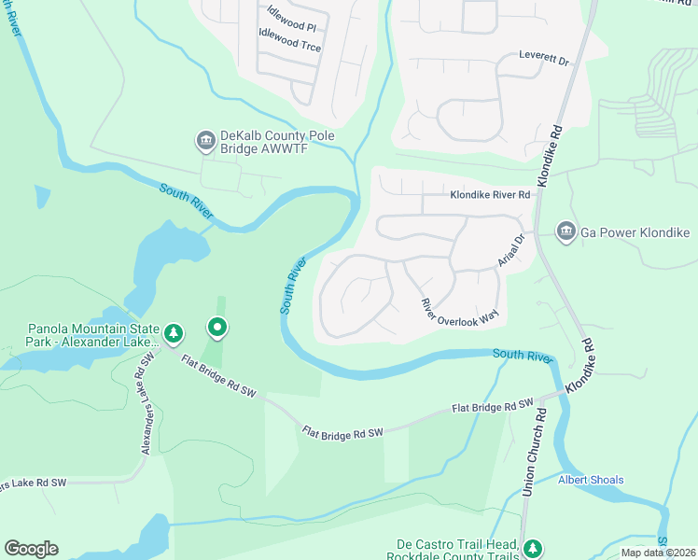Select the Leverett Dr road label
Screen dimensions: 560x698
(544, 59)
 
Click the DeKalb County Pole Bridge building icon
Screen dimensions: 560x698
(204, 141)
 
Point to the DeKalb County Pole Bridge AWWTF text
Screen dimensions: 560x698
(276, 143)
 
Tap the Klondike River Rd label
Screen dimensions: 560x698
(490, 195)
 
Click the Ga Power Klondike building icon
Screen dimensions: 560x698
(565, 231)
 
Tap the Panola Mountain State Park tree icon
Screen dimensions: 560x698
(173, 332)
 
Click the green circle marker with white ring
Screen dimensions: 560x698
(217, 327)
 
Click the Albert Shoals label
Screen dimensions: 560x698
(591, 480)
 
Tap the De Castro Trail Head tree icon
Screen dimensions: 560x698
(532, 547)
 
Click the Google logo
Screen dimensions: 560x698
(31, 549)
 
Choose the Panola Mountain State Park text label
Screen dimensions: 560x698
(90, 335)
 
